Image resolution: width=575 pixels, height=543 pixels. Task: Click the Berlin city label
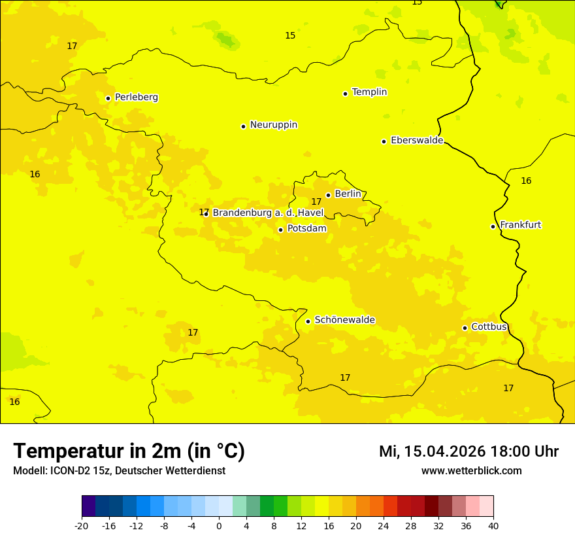click(348, 194)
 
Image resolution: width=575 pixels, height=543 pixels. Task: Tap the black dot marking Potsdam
click(280, 230)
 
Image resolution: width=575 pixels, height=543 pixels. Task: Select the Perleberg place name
click(136, 97)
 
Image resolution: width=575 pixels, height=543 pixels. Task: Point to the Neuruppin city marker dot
click(243, 126)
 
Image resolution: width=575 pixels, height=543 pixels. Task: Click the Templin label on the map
click(369, 92)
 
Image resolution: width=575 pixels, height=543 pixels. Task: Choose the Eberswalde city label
click(417, 141)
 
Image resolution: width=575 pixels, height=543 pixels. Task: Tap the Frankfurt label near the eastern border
click(520, 225)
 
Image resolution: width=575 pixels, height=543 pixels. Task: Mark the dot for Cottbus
click(465, 328)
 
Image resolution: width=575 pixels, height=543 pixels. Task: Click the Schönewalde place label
click(344, 320)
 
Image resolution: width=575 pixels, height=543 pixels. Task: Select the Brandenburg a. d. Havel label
click(268, 213)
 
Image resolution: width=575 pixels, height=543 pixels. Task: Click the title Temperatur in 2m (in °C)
click(129, 451)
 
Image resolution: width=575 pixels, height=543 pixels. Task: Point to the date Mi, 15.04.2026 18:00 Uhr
click(468, 451)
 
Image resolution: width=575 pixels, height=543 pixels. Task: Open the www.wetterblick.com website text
click(471, 471)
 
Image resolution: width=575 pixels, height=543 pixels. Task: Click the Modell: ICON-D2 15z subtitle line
click(119, 471)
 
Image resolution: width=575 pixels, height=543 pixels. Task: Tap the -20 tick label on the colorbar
click(82, 526)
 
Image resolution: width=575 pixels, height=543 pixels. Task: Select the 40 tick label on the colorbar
click(493, 526)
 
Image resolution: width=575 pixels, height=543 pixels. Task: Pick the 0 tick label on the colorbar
click(219, 526)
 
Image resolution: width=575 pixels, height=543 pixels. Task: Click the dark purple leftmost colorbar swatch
click(89, 506)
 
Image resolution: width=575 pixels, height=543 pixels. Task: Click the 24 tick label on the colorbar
click(384, 526)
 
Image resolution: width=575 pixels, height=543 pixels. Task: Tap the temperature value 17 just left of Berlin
click(316, 201)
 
